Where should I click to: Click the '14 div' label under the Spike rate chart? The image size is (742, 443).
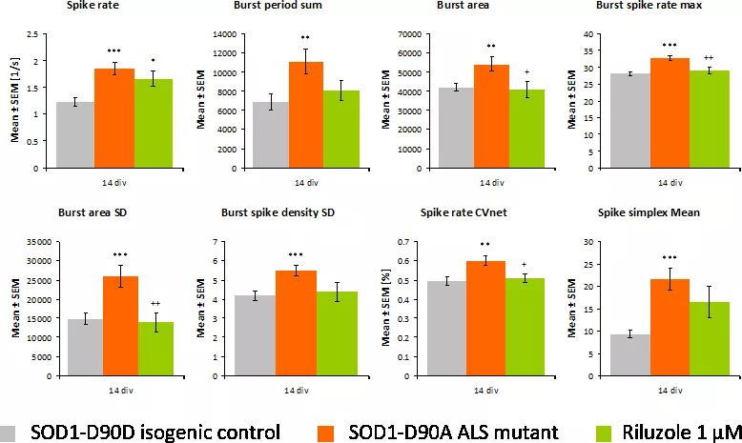[113, 180]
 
